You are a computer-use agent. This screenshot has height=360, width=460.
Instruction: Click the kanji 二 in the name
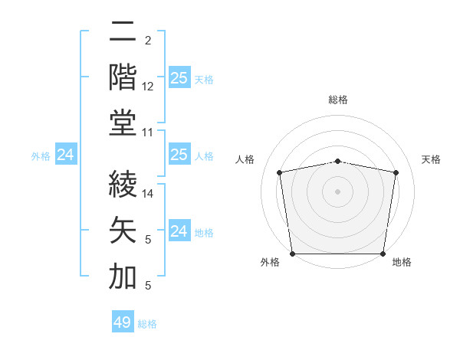pos(123,32)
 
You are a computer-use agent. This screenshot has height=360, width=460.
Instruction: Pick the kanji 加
pos(123,277)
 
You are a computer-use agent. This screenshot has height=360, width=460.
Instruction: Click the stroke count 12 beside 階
pos(148,87)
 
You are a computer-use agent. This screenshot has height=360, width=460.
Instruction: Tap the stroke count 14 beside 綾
pos(148,195)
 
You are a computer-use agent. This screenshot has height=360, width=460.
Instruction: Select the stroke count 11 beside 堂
pos(148,132)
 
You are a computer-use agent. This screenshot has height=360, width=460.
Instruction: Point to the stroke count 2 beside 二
pos(147,41)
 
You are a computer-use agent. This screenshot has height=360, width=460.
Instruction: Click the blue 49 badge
pos(123,322)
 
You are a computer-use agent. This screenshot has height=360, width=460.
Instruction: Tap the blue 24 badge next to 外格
pos(66,155)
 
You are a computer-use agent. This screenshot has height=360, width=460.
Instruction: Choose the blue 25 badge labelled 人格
pos(179,155)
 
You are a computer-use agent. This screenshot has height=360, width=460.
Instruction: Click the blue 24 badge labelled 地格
pos(179,231)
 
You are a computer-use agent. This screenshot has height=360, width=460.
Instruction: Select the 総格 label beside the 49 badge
pos(147,324)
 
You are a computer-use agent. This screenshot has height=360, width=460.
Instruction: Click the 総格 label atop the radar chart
pos(337,100)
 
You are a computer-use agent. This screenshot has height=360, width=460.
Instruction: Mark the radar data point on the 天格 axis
pos(396,172)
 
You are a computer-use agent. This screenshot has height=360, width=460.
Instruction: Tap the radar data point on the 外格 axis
pos(292,254)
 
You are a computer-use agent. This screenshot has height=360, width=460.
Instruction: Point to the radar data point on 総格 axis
pos(337,161)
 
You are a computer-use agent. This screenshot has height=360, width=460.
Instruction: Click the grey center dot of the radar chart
pos(337,191)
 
